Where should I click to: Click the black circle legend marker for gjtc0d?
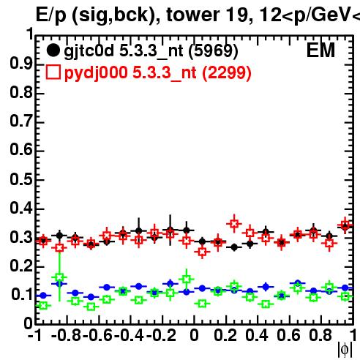click(53, 50)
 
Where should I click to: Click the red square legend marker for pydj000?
click(53, 72)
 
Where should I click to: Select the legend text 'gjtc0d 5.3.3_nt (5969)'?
click(151, 51)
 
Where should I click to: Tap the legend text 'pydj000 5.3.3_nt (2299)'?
click(158, 73)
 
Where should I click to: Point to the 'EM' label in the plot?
click(320, 50)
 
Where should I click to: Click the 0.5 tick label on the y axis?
click(21, 180)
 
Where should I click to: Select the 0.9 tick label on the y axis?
click(21, 64)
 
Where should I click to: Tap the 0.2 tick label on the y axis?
click(21, 266)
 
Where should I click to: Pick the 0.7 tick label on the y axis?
click(21, 121)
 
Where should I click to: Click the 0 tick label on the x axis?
click(194, 335)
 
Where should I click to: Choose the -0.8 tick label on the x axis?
click(67, 335)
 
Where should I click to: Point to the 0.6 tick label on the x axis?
click(288, 335)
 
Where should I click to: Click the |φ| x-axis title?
click(345, 350)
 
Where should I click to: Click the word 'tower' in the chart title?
click(193, 15)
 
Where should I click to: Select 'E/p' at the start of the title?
click(50, 15)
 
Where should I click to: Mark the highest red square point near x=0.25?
click(234, 223)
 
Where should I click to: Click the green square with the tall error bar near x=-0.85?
click(59, 277)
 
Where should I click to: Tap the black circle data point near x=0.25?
click(234, 247)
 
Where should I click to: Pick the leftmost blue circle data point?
click(43, 296)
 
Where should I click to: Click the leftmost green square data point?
click(43, 305)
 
